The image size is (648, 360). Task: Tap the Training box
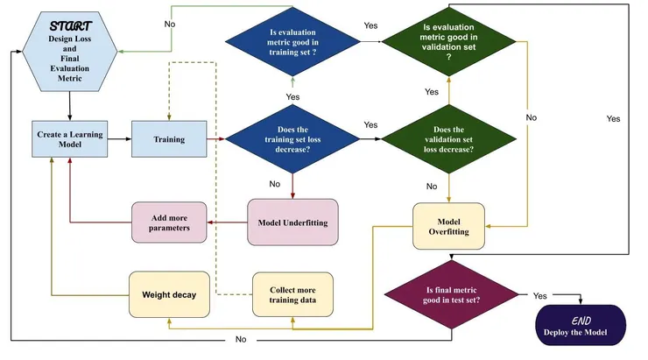(168, 138)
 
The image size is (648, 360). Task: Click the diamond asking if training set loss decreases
(292, 138)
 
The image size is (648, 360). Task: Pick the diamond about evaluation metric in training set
(292, 40)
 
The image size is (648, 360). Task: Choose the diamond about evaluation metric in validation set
(448, 40)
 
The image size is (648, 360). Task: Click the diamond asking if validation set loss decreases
(448, 138)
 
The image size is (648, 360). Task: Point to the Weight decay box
(168, 293)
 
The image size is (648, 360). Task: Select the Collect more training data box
(292, 293)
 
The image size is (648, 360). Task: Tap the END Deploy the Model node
(581, 325)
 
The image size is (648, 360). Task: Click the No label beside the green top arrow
(169, 24)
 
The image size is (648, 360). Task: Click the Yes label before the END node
(539, 295)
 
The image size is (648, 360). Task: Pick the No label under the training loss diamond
(275, 184)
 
